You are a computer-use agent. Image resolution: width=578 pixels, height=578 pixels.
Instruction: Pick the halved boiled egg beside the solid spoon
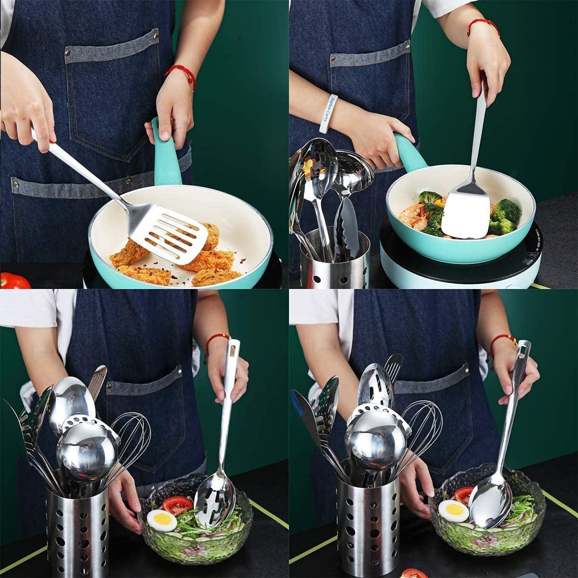pyautogui.click(x=453, y=511)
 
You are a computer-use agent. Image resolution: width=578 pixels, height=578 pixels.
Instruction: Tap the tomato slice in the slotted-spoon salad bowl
pyautogui.click(x=177, y=505)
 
